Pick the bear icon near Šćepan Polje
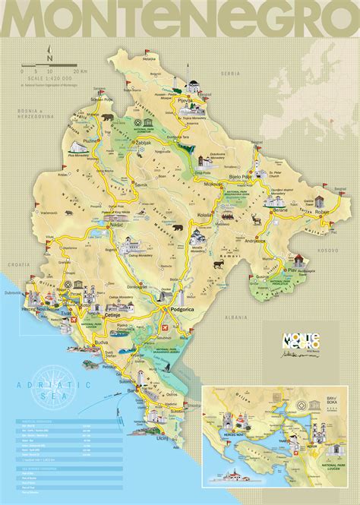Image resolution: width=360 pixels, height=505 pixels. click(x=108, y=118)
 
